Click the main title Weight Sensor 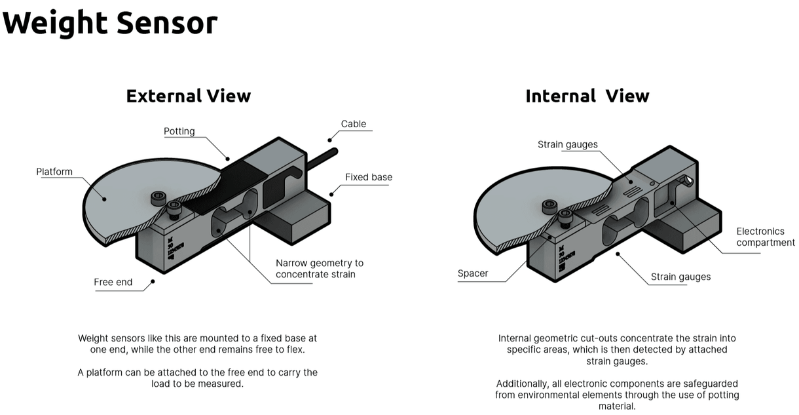[109, 23]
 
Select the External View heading [188, 96]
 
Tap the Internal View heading [587, 96]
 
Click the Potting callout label [179, 131]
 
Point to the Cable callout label [354, 124]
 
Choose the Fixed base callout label [369, 177]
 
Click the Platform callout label [54, 172]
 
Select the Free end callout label [113, 282]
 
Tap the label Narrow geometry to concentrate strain [319, 268]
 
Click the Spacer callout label [473, 273]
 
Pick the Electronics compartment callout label [765, 237]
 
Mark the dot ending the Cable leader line [331, 139]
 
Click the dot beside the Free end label [153, 282]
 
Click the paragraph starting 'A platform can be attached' [197, 378]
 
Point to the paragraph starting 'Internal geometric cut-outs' [616, 349]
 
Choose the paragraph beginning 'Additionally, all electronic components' [616, 395]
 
